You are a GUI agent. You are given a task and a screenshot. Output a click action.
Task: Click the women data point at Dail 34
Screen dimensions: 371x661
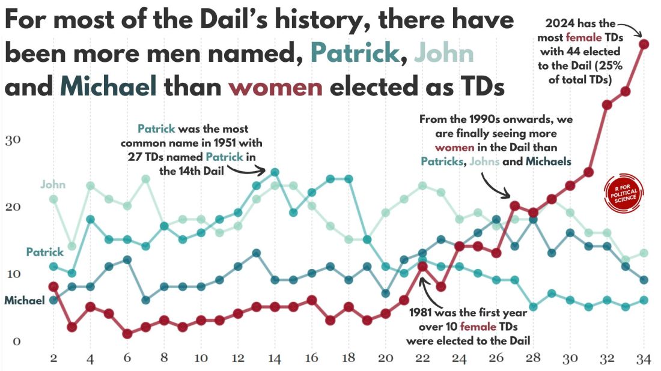point(644,44)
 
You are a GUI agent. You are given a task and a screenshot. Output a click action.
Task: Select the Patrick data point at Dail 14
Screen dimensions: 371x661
point(275,172)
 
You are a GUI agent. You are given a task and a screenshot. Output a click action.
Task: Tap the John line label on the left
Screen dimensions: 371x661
point(53,184)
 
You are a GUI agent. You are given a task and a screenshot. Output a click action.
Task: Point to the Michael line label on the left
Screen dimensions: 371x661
point(25,300)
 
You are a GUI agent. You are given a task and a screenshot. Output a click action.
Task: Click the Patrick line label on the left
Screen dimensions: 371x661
point(44,252)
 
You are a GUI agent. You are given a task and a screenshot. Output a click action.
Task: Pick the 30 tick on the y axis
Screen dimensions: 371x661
point(13,140)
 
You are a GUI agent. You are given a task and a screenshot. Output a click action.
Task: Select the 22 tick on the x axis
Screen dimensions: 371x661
point(422,358)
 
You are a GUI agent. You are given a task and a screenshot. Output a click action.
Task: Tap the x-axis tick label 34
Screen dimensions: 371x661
point(644,358)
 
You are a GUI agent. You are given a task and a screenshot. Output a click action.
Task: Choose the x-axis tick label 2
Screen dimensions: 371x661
point(53,358)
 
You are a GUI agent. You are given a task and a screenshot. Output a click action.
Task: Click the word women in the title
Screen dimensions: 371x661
point(276,87)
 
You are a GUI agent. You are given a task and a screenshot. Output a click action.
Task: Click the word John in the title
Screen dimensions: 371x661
point(446,53)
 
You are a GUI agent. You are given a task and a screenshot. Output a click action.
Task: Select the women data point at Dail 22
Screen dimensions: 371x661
point(422,267)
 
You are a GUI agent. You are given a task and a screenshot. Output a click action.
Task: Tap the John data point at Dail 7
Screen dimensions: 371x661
point(145,179)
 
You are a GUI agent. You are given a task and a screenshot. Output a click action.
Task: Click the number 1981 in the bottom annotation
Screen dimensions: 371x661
point(422,313)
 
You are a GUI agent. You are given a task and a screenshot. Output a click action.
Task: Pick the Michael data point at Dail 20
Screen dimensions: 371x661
point(386,294)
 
